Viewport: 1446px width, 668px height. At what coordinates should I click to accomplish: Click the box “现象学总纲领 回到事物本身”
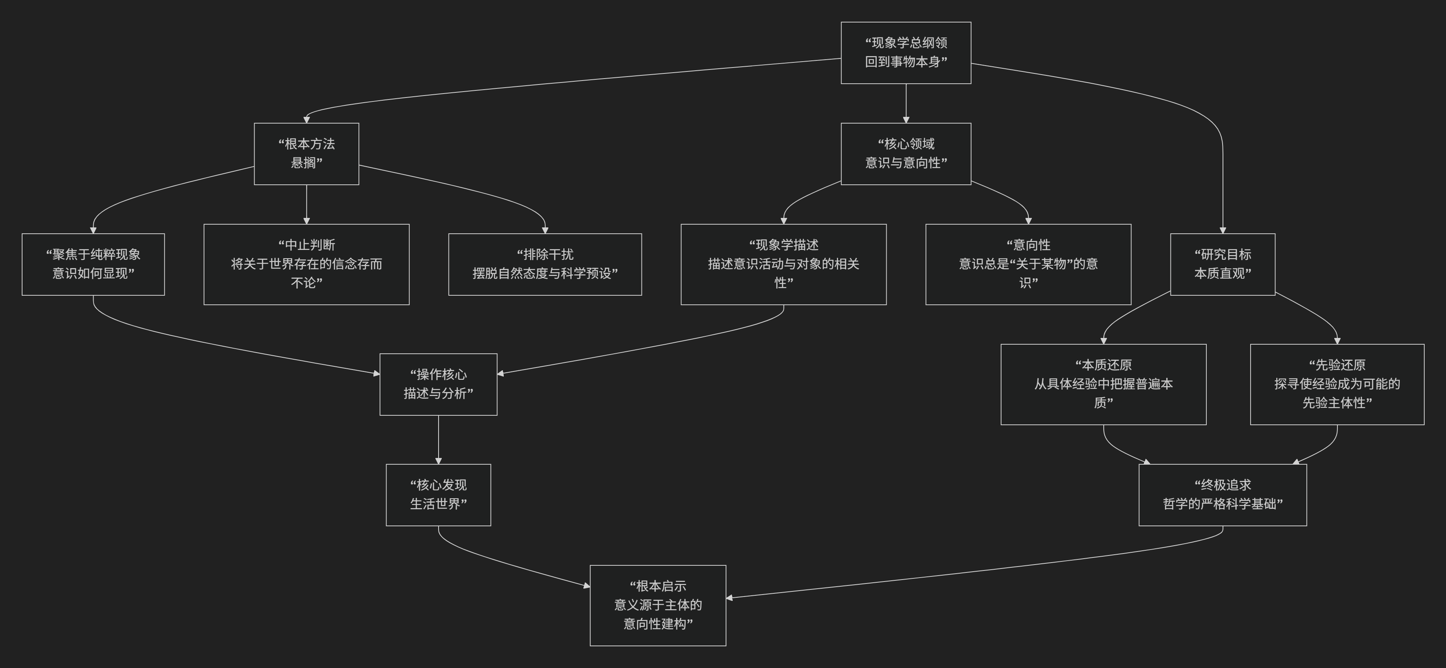click(906, 53)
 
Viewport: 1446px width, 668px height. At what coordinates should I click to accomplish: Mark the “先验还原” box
click(1337, 385)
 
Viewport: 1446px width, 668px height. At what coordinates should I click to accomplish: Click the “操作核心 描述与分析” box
click(439, 385)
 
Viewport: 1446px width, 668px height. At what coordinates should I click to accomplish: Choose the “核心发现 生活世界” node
click(439, 495)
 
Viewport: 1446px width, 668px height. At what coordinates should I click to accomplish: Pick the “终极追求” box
click(1223, 495)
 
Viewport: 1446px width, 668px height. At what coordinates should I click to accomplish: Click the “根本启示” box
click(658, 605)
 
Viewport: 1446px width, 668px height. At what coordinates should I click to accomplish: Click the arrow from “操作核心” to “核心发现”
click(439, 439)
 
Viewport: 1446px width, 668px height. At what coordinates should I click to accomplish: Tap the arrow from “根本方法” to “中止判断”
click(306, 205)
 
